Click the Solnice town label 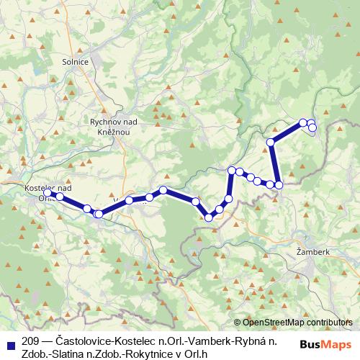[x=76, y=63]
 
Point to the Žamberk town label [x=313, y=253]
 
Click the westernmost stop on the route [x=48, y=193]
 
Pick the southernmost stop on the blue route [x=209, y=217]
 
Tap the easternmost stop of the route [x=312, y=127]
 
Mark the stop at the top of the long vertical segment [x=271, y=143]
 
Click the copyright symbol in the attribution [x=237, y=323]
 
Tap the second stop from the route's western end [x=60, y=197]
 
